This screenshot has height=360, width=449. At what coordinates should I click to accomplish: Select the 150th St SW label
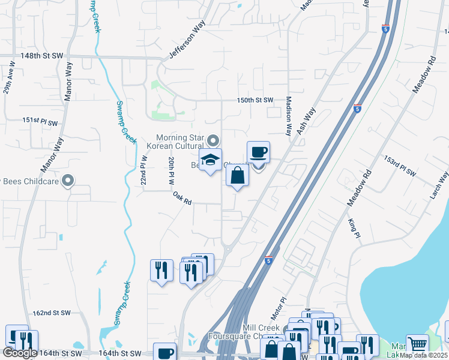[x=255, y=100]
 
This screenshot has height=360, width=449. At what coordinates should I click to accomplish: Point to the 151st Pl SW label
[x=40, y=121]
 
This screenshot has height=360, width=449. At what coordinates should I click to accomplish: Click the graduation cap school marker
[x=211, y=160]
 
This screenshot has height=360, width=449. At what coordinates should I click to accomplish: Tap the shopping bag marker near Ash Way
[x=237, y=176]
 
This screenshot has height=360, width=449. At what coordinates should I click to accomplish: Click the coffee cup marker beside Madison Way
[x=258, y=152]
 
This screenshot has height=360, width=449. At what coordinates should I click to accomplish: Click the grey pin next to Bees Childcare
[x=68, y=180]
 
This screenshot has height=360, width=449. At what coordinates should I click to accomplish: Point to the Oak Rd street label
[x=181, y=198]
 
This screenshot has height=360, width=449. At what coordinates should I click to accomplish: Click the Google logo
[x=20, y=353]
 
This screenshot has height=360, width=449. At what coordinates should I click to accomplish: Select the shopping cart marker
[x=417, y=345]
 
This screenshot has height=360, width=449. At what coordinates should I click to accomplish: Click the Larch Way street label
[x=439, y=180]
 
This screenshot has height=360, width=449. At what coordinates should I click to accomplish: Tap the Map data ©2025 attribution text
[x=424, y=355]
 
